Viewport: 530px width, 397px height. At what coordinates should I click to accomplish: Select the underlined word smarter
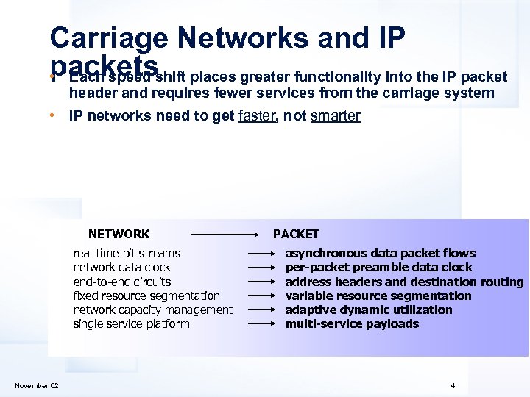[x=336, y=115]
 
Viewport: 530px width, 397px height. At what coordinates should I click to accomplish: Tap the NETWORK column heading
[x=119, y=235]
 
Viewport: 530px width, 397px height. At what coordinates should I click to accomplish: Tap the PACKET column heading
[x=296, y=235]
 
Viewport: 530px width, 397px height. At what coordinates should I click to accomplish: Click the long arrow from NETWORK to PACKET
[x=224, y=235]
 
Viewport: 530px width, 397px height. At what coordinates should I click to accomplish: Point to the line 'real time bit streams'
[x=127, y=253]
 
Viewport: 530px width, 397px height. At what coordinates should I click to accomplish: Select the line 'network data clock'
[x=121, y=268]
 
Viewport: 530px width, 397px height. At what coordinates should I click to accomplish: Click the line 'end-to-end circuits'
[x=121, y=282]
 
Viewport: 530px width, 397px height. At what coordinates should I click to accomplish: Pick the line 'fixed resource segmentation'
[x=146, y=296]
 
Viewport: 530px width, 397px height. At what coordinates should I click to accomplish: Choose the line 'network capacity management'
[x=152, y=310]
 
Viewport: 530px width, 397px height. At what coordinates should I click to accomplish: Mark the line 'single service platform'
[x=131, y=323]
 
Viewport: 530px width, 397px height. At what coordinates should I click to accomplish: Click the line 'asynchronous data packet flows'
[x=380, y=253]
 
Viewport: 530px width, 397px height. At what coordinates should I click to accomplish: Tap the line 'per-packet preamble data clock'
[x=378, y=268]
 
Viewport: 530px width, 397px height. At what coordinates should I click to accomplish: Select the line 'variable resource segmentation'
[x=378, y=296]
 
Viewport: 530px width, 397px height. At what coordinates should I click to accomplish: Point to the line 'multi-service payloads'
[x=352, y=323]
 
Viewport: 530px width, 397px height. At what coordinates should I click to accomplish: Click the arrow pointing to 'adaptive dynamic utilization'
[x=261, y=310]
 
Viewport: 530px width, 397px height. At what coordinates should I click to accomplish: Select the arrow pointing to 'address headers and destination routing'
[x=261, y=282]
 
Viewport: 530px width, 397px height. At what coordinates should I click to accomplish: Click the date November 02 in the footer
[x=37, y=386]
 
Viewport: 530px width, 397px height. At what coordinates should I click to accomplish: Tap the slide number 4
[x=453, y=386]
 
